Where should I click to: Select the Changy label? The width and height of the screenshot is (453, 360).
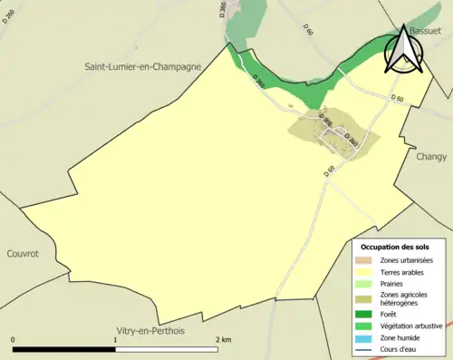click(x=431, y=156)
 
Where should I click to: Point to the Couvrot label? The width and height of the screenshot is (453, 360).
click(x=23, y=255)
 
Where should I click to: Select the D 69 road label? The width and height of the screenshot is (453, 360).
click(x=330, y=170)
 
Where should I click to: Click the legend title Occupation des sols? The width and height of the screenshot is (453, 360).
click(x=395, y=247)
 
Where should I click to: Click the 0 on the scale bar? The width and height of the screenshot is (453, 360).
click(x=14, y=339)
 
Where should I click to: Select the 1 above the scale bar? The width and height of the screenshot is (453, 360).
click(x=115, y=339)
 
